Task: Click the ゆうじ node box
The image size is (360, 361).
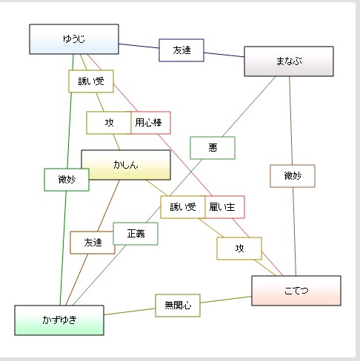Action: click(74, 39)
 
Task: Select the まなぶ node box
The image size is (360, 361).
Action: click(289, 61)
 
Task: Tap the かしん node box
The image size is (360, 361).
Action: click(126, 165)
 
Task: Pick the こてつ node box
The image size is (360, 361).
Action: click(296, 291)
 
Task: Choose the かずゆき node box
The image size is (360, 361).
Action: click(59, 320)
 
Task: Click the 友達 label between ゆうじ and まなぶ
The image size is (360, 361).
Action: click(181, 50)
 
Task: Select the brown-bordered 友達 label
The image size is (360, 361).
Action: click(93, 243)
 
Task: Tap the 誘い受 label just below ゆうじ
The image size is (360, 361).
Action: click(91, 81)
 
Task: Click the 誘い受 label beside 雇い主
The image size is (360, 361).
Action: click(182, 207)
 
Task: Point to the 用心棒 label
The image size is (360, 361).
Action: click(152, 123)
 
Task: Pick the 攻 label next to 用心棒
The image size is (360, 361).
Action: click(109, 123)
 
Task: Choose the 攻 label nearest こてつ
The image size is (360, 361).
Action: click(239, 249)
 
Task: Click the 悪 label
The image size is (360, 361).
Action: click(213, 148)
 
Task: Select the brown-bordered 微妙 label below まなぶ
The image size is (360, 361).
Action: click(293, 176)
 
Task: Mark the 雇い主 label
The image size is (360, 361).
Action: click(223, 207)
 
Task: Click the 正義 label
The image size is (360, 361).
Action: click(136, 234)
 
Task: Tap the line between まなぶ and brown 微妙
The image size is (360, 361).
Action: click(290, 118)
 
